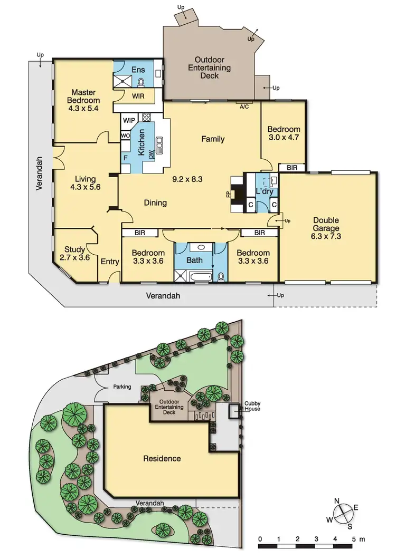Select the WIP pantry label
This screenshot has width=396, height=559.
128,120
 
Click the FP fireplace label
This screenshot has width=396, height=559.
229,194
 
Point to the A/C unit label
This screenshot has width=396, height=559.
244,107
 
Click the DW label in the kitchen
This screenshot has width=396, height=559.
151,154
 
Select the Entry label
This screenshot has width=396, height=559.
110,262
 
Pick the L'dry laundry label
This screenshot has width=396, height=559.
264,191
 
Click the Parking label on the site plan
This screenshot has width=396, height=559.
121,387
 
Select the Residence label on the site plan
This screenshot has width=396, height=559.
162,458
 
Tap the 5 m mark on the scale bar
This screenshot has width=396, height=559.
352,539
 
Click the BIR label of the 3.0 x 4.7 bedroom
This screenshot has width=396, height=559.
291,168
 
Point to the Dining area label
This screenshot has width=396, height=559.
155,203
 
